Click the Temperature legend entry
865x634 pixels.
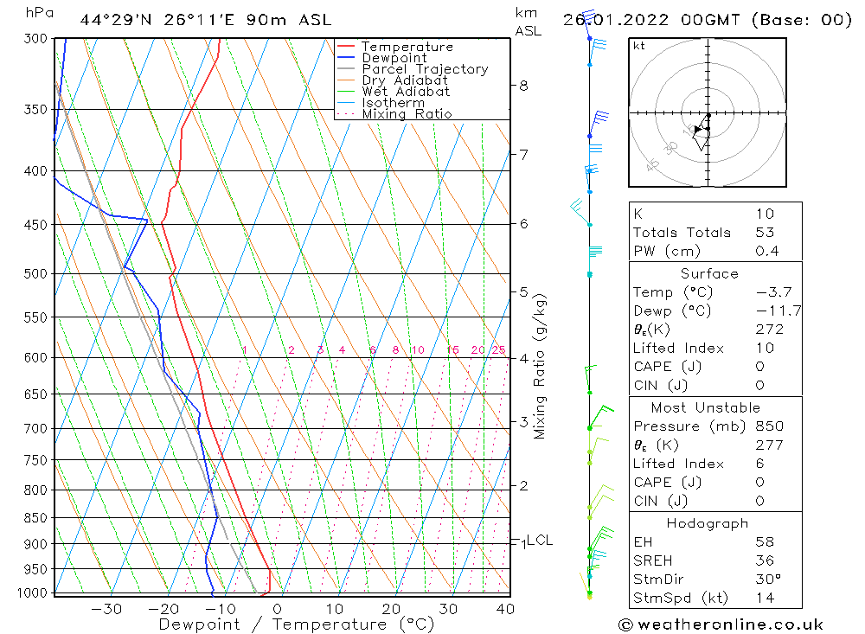[x=407, y=47]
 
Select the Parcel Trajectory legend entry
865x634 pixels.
[x=425, y=69]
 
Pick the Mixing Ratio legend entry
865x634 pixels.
[x=407, y=114]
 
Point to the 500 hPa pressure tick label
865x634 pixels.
[x=35, y=273]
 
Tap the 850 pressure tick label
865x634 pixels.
[x=35, y=518]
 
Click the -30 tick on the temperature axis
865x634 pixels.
[x=106, y=609]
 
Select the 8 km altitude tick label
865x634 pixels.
[x=523, y=86]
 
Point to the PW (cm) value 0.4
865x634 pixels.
[x=767, y=251]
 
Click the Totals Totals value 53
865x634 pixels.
[x=765, y=232]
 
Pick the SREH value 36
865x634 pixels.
[x=765, y=560]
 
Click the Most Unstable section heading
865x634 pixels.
[x=706, y=407]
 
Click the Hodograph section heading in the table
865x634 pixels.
[x=706, y=523]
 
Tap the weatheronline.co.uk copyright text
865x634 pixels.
[x=721, y=624]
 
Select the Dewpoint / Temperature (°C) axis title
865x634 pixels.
[x=296, y=624]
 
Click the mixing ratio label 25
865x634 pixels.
[x=498, y=350]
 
